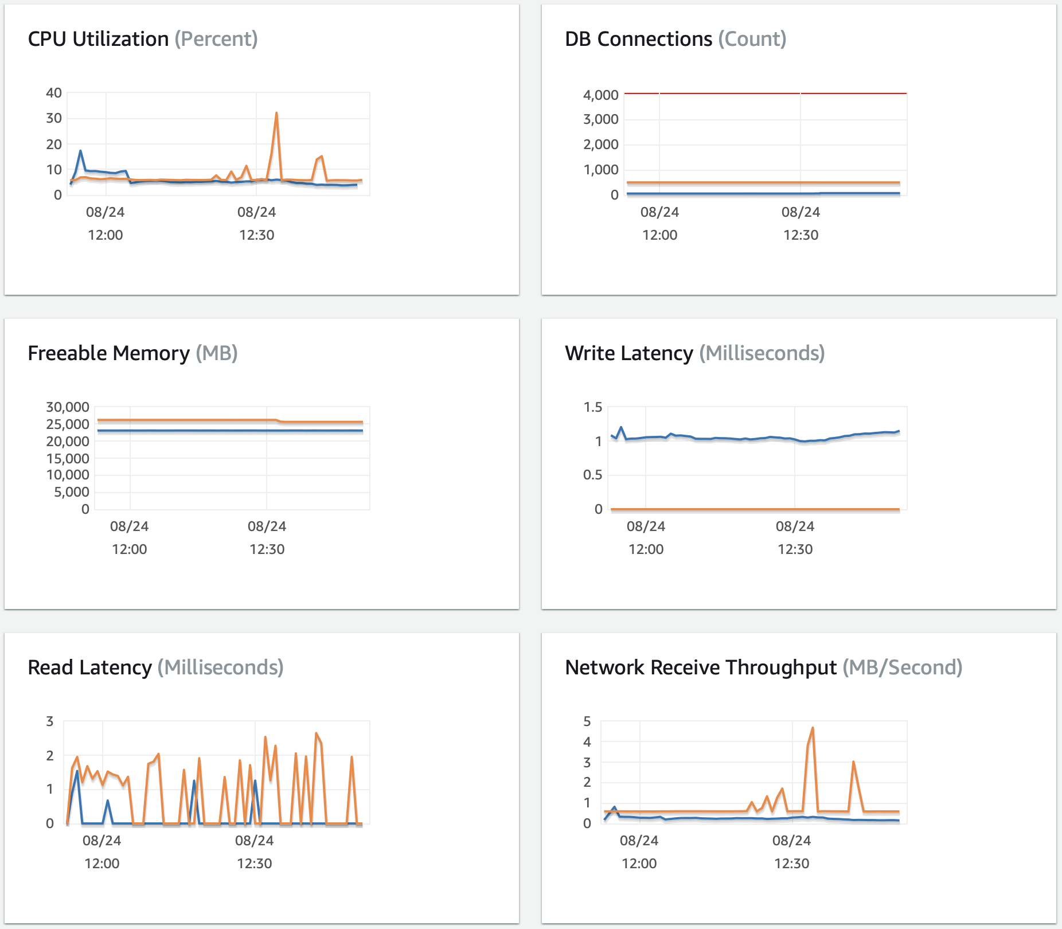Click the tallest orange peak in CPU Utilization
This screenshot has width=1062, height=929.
pyautogui.click(x=276, y=114)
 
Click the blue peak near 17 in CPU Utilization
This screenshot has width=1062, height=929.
pyautogui.click(x=80, y=151)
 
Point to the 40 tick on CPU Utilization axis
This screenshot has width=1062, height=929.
pyautogui.click(x=54, y=93)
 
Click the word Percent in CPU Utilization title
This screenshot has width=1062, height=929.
pyautogui.click(x=216, y=39)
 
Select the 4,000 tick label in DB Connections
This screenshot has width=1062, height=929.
pyautogui.click(x=600, y=95)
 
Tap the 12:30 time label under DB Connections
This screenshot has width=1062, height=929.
pyautogui.click(x=801, y=235)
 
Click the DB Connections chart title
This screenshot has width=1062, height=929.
pyautogui.click(x=638, y=39)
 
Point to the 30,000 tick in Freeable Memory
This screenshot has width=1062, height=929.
pyautogui.click(x=68, y=407)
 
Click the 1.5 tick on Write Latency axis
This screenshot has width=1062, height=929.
pyautogui.click(x=592, y=407)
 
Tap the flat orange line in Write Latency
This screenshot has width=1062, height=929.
pyautogui.click(x=745, y=509)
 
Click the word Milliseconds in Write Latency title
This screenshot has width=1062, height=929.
pyautogui.click(x=762, y=353)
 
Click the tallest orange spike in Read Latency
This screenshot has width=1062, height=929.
pyautogui.click(x=317, y=733)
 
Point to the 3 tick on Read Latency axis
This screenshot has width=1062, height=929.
pyautogui.click(x=50, y=721)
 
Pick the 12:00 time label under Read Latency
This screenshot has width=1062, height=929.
pyautogui.click(x=102, y=863)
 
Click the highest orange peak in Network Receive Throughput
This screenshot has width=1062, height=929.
pyautogui.click(x=813, y=728)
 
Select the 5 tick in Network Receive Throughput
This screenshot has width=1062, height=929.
pyautogui.click(x=587, y=721)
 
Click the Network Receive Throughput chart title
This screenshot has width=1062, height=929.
pyautogui.click(x=700, y=668)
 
